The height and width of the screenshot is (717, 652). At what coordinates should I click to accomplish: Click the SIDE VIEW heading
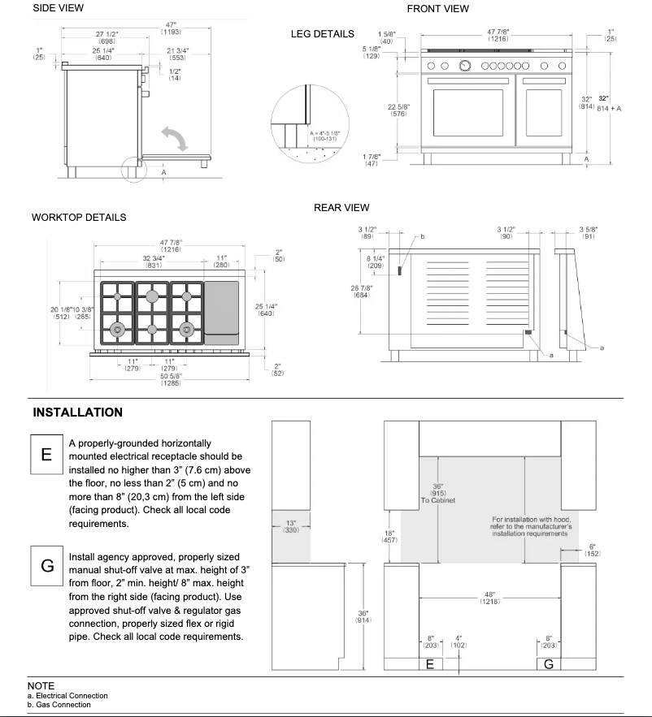click(58, 8)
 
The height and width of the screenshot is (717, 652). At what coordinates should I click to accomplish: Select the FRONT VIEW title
click(437, 9)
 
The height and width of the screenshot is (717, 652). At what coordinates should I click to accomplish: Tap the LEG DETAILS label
click(322, 34)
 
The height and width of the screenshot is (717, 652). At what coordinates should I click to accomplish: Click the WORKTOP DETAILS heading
click(78, 218)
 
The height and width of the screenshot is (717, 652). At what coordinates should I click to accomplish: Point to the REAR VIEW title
click(341, 209)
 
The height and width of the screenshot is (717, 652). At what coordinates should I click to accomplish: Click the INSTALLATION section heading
click(78, 412)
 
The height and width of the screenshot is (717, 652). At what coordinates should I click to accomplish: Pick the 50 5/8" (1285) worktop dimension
click(171, 378)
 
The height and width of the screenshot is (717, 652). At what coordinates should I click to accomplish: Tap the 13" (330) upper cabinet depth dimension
click(290, 526)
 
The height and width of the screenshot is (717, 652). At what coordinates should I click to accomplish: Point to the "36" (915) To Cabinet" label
click(438, 494)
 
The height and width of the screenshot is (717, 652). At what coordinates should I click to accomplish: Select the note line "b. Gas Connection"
click(59, 704)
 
